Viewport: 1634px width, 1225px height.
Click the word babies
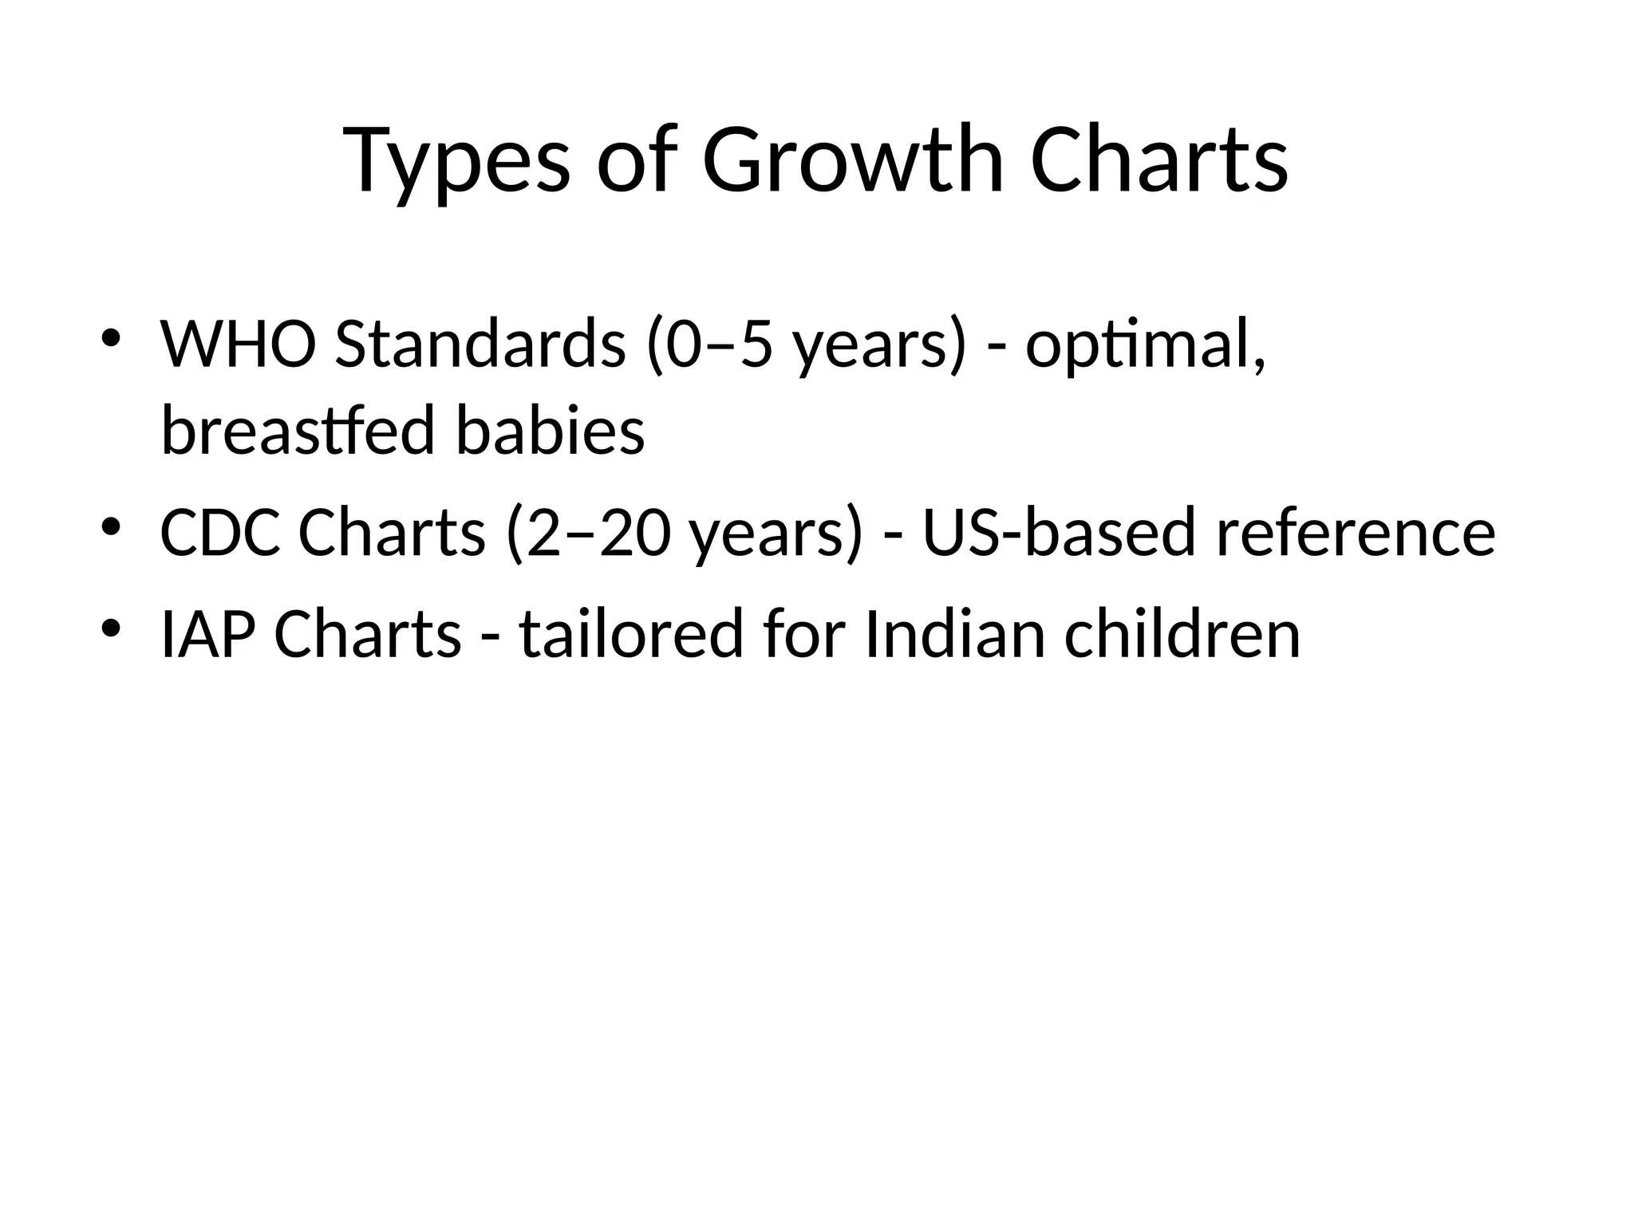tap(550, 431)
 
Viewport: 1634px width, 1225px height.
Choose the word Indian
tap(954, 634)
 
